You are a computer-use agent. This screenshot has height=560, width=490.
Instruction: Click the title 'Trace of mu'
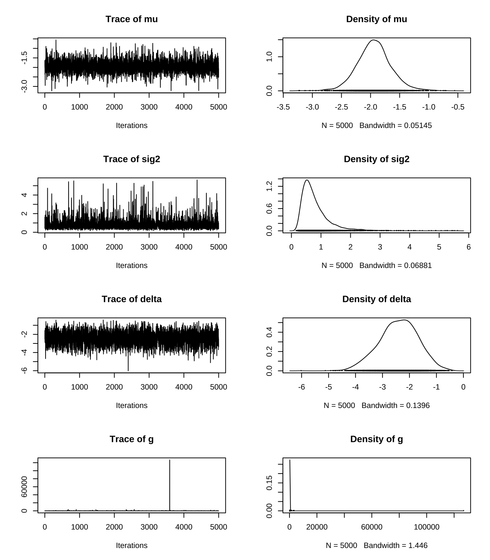tap(132, 19)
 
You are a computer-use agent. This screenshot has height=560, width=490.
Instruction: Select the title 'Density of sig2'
tap(376, 159)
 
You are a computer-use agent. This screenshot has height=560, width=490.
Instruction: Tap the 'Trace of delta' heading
tap(132, 299)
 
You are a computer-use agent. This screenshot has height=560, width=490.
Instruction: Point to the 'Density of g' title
tap(376, 439)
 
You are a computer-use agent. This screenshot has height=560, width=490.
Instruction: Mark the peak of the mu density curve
tap(373, 40)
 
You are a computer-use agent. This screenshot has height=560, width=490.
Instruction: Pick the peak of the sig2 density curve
tap(307, 180)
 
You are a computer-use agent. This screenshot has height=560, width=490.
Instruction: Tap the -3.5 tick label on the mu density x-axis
tap(283, 107)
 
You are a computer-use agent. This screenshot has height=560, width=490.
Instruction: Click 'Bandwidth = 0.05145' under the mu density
tap(396, 126)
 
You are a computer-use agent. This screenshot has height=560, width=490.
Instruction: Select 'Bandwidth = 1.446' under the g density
tap(396, 546)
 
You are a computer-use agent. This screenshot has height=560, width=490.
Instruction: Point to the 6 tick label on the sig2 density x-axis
tap(468, 247)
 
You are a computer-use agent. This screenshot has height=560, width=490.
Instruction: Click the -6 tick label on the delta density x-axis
tap(301, 387)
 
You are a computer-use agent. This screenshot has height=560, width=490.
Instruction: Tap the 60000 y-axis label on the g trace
tap(24, 487)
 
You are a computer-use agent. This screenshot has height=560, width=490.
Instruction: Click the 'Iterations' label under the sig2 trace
tap(132, 266)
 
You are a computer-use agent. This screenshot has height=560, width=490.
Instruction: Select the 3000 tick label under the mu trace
tap(149, 107)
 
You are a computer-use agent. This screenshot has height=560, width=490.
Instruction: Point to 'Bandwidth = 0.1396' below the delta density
tap(396, 406)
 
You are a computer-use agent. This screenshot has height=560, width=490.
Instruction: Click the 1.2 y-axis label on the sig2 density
tap(269, 187)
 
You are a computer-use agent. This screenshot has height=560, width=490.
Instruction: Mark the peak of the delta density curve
tap(404, 320)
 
